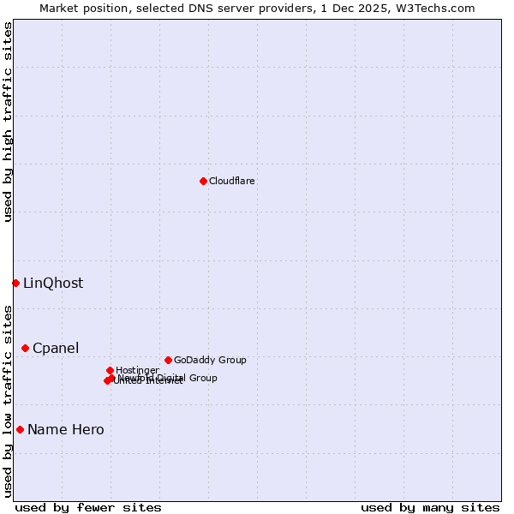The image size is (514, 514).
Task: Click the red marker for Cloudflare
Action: click(203, 181)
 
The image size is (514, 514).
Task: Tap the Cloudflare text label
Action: click(232, 181)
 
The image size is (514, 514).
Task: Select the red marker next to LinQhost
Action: click(15, 283)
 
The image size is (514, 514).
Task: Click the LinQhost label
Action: click(53, 284)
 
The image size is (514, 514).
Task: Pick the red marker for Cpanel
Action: click(25, 348)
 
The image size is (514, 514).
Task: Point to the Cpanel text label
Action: click(56, 349)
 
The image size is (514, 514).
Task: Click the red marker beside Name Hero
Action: click(20, 429)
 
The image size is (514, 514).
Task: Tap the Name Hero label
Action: click(66, 430)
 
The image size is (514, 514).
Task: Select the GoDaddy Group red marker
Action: click(168, 360)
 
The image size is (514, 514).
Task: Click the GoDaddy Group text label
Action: click(210, 361)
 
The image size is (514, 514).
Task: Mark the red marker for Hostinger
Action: click(110, 370)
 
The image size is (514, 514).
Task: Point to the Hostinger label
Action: click(137, 371)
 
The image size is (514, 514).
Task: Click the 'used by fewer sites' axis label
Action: click(88, 508)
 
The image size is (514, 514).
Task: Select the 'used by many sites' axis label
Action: click(430, 508)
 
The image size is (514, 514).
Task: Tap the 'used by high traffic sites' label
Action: click(9, 122)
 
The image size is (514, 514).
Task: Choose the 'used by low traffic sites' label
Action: click(9, 400)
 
